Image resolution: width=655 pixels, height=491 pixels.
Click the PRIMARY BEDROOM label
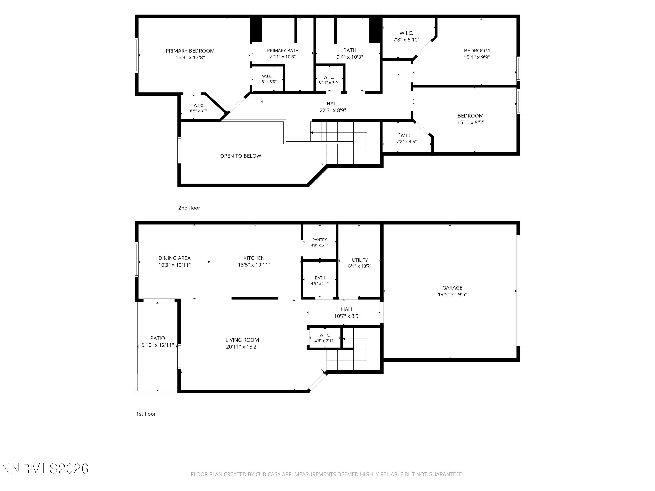[x=190, y=51]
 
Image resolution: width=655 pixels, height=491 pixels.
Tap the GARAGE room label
[x=452, y=288]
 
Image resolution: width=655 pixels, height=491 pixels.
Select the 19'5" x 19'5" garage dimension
[x=452, y=294]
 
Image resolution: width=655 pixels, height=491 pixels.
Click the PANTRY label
[x=319, y=240]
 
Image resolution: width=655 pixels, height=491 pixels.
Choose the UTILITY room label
[x=360, y=260]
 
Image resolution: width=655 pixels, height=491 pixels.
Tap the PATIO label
[x=158, y=338]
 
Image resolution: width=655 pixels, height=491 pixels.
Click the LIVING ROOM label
[x=242, y=340]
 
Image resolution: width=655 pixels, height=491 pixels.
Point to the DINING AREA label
[x=174, y=258]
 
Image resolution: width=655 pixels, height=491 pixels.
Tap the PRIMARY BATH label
[x=283, y=51]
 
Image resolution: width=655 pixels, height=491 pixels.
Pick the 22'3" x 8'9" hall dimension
[x=333, y=110]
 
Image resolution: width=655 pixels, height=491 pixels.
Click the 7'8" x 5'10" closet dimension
[x=406, y=40]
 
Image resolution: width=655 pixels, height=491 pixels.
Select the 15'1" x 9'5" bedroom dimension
[x=470, y=122]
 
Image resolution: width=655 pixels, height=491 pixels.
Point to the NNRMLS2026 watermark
[x=45, y=469]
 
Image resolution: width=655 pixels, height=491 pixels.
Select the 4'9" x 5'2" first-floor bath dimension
[x=320, y=283]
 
